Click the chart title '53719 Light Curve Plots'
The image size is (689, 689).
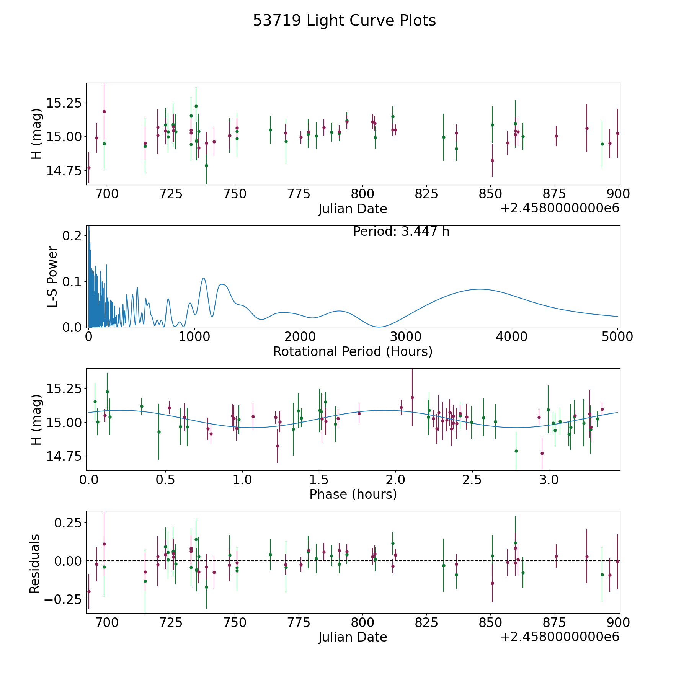(344, 21)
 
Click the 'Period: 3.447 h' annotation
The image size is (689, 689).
(401, 232)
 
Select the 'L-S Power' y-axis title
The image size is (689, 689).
(52, 276)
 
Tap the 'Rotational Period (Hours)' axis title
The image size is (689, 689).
(353, 351)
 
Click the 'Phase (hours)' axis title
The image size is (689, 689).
(353, 494)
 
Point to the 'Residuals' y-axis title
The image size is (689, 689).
(35, 563)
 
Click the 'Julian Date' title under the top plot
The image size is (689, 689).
(353, 209)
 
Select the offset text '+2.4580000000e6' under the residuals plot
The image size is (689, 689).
(560, 637)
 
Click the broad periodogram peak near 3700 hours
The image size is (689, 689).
(479, 289)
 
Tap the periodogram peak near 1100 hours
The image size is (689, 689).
(204, 278)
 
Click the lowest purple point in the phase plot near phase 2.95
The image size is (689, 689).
(542, 453)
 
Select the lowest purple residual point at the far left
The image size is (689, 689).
(89, 591)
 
